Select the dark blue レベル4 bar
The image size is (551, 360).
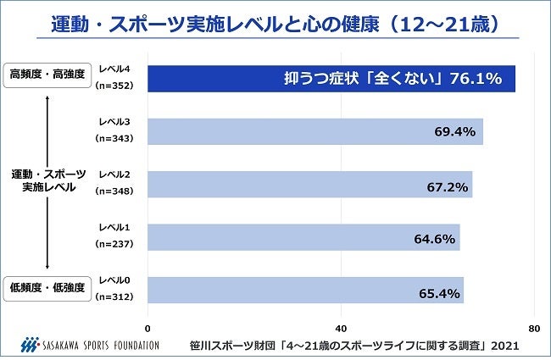[331, 79]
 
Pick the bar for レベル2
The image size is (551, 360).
[310, 184]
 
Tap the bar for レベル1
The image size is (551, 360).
[303, 237]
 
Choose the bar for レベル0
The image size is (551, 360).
[305, 290]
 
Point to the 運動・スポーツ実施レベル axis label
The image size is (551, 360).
[47, 180]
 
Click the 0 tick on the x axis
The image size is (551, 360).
[148, 328]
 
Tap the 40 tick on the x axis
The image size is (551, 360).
[341, 328]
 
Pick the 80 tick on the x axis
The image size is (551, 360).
[533, 328]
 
